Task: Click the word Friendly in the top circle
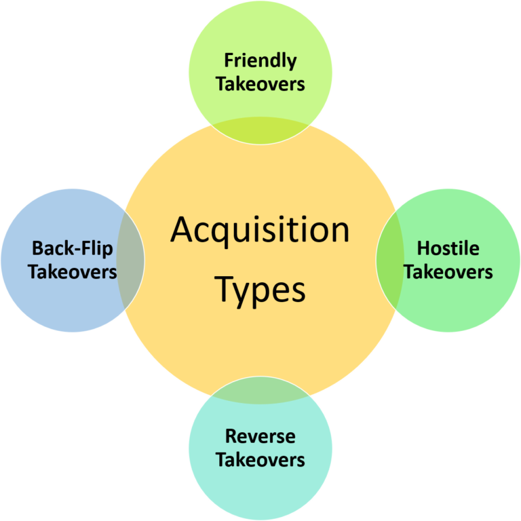(260, 61)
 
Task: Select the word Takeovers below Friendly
(260, 84)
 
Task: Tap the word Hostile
(448, 248)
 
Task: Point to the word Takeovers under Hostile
(448, 272)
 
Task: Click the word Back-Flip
(72, 248)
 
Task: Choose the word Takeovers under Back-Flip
(72, 272)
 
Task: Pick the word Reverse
(260, 436)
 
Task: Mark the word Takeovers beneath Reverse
(260, 459)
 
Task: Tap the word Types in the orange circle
(260, 290)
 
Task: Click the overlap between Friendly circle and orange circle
(260, 130)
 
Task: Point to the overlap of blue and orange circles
(131, 260)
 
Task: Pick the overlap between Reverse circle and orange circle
(260, 390)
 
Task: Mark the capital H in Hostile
(423, 248)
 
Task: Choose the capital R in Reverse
(231, 436)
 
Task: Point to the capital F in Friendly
(229, 61)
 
